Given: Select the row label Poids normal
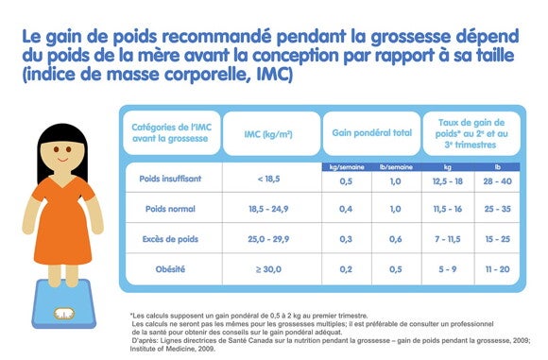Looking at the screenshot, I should click(x=170, y=208).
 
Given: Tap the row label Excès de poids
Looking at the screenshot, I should click(x=170, y=238).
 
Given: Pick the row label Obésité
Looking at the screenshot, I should click(x=170, y=269).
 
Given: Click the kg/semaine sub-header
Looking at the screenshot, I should click(x=346, y=165).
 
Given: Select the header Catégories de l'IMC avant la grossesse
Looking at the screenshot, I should click(x=169, y=133).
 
